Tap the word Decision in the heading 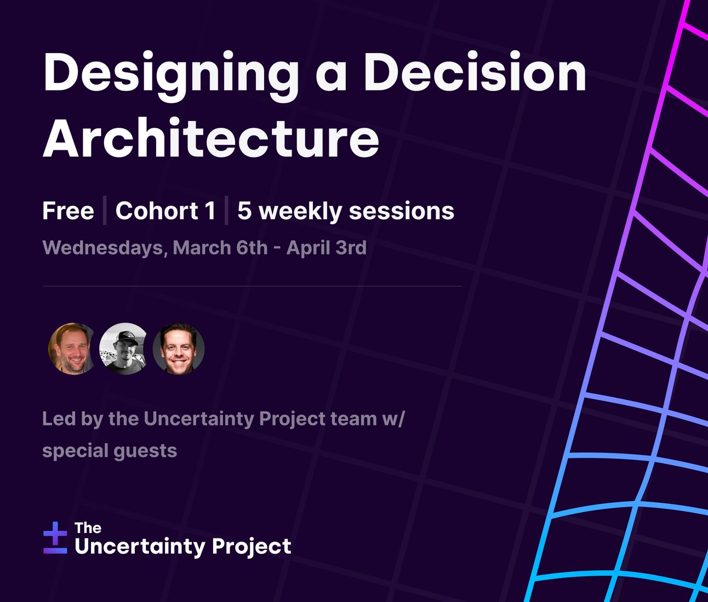tap(475, 72)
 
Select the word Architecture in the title tap(211, 138)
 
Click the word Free tap(68, 211)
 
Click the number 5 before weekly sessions tap(244, 211)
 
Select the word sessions tap(402, 211)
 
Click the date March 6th tap(220, 247)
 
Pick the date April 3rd tap(327, 248)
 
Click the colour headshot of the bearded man tap(72, 349)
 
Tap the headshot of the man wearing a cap tap(123, 349)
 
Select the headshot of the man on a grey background tap(179, 349)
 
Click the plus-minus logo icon tap(55, 538)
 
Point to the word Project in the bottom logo tap(252, 547)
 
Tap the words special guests tap(110, 451)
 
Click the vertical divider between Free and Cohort tap(105, 211)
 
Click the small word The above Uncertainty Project tap(88, 528)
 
